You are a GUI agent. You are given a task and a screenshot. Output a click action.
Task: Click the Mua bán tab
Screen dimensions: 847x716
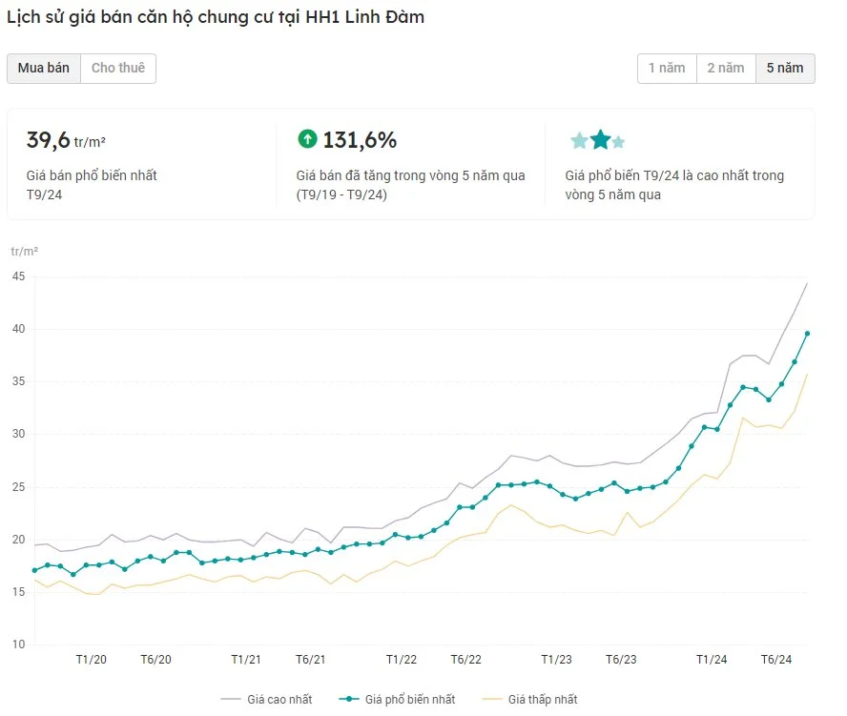44,68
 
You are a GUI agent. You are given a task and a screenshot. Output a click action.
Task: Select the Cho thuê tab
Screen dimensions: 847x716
118,68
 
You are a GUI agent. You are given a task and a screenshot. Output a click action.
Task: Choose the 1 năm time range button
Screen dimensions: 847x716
667,68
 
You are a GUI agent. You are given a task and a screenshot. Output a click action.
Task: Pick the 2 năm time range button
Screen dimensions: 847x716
726,68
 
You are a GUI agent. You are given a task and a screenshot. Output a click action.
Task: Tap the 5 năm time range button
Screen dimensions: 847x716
785,68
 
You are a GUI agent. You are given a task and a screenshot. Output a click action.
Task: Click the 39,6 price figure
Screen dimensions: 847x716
48,140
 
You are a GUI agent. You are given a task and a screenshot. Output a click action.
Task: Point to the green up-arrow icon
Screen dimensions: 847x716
307,139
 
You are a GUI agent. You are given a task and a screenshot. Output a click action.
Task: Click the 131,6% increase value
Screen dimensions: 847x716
360,140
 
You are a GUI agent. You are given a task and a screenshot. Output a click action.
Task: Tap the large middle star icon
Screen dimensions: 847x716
600,139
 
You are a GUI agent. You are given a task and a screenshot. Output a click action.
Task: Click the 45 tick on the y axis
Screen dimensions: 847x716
18,276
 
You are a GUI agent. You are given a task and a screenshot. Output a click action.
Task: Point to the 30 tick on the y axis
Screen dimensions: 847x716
18,434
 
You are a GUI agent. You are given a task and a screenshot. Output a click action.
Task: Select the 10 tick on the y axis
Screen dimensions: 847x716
18,644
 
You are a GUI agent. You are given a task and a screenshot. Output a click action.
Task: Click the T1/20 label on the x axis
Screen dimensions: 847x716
92,660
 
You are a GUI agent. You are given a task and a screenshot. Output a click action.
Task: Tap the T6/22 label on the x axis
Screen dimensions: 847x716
466,660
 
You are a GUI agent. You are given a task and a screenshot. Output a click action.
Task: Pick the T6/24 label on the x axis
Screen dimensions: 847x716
776,660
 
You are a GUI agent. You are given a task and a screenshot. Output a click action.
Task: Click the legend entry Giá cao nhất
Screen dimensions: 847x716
267,699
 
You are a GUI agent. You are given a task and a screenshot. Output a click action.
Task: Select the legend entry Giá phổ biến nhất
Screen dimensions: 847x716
397,699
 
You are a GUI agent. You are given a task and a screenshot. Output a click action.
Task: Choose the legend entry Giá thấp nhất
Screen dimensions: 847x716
529,699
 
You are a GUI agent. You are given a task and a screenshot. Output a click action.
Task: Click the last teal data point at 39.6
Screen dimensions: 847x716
808,334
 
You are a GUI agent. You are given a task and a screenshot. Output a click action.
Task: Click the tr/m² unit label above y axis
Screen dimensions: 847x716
24,251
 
